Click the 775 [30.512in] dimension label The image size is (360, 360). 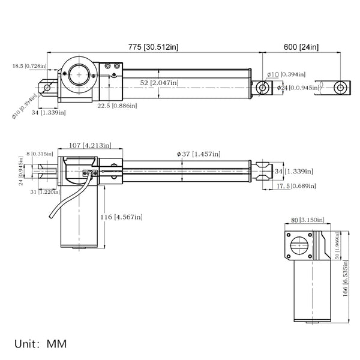coord(152,47)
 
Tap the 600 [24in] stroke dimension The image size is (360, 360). coord(301,47)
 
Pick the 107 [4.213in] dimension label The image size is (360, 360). coord(89,145)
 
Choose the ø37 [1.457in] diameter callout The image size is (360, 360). coord(199,154)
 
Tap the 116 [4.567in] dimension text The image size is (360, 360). coord(122,216)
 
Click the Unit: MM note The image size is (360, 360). coord(41,344)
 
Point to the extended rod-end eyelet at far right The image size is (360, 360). coord(340,88)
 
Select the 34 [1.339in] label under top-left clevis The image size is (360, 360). coord(44,112)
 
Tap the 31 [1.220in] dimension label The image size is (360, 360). coord(49,192)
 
